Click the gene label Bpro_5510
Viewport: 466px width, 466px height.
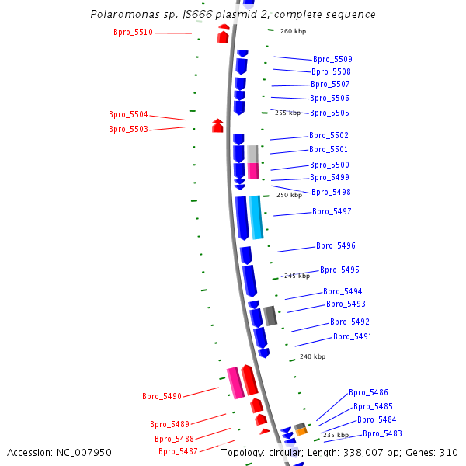133,32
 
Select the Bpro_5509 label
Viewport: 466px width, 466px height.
332,59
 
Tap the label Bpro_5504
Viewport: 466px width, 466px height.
128,114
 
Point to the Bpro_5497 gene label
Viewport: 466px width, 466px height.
332,211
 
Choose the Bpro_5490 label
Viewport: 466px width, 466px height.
162,396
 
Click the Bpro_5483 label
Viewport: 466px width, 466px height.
382,433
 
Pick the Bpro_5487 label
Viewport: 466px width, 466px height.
178,451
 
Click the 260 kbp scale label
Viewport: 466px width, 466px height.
293,31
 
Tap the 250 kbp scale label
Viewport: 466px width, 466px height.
289,195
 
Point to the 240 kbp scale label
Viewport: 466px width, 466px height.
312,356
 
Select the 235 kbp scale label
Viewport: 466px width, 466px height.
336,435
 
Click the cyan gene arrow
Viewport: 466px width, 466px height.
256,217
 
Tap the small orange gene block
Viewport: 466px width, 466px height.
301,431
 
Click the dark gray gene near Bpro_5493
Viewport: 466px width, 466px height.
270,315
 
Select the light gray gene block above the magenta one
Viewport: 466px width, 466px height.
252,153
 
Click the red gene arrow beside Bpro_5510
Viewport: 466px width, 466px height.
224,33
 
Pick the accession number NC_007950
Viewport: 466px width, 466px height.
87,452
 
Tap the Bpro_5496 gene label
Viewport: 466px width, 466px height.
336,245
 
